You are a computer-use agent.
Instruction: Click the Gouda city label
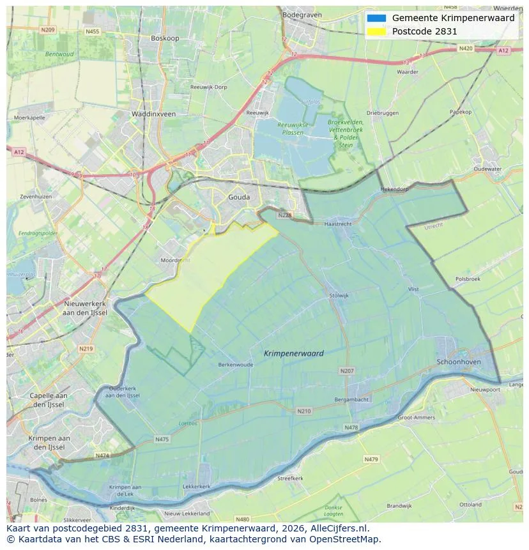(239, 197)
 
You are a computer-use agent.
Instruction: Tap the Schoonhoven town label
(458, 362)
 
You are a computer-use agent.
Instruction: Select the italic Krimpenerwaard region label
(293, 353)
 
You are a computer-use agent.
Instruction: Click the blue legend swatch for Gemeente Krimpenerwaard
(376, 18)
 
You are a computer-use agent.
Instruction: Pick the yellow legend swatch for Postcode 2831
(376, 31)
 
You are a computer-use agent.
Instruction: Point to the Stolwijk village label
(339, 296)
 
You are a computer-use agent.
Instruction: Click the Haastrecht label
(338, 224)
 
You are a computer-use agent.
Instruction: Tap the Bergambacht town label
(351, 399)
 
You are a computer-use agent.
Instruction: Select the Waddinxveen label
(153, 114)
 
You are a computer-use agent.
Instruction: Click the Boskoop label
(165, 38)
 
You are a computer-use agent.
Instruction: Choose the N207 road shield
(347, 370)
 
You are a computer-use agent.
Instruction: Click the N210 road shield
(304, 411)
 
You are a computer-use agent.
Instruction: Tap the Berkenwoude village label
(235, 365)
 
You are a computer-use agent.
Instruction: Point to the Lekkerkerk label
(197, 486)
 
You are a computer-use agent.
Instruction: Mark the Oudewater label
(487, 169)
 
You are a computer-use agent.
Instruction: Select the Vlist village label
(413, 289)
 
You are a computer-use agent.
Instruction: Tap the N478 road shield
(351, 427)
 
